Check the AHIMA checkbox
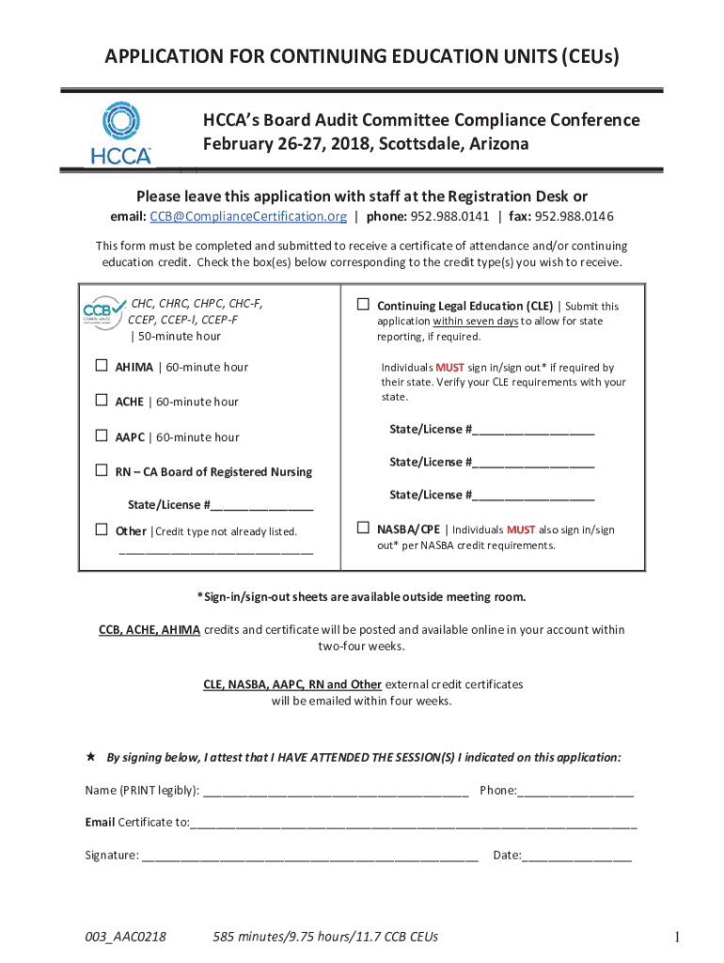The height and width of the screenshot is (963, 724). click(x=101, y=367)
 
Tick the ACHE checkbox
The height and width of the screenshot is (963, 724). click(x=101, y=402)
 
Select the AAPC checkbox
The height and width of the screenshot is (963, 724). click(x=101, y=436)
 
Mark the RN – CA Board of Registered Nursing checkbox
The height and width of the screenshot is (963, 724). click(x=101, y=471)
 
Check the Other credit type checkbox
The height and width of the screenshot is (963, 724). click(x=101, y=530)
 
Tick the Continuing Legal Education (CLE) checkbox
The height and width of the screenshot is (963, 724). click(x=363, y=305)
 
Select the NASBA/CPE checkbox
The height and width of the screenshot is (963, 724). click(x=363, y=529)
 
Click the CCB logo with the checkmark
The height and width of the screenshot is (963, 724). click(x=104, y=310)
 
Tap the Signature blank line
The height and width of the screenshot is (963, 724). click(x=310, y=857)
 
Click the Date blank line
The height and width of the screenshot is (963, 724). click(x=576, y=857)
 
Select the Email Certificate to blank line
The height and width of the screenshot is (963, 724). click(x=414, y=824)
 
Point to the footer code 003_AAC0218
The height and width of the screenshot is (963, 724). click(x=126, y=937)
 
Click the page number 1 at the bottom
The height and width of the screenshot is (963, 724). click(x=676, y=937)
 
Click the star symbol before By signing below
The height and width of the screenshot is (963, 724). click(x=90, y=756)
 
